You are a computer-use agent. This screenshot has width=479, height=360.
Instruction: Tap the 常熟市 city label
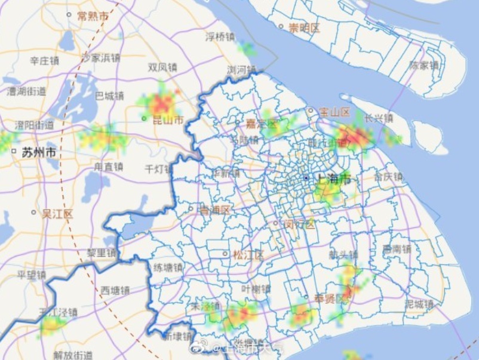pyautogui.click(x=93, y=16)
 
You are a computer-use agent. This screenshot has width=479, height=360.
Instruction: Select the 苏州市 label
pyautogui.click(x=39, y=152)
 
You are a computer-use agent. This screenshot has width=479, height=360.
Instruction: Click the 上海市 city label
pyautogui.click(x=331, y=179)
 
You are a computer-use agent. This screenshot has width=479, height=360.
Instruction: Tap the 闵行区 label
pyautogui.click(x=299, y=224)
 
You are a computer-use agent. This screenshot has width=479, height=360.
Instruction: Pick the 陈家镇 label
pyautogui.click(x=425, y=66)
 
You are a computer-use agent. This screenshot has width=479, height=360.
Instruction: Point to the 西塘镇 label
pyautogui.click(x=115, y=291)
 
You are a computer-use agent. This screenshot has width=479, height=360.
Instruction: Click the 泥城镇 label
pyautogui.click(x=419, y=304)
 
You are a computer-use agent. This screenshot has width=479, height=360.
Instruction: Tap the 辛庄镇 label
pyautogui.click(x=45, y=61)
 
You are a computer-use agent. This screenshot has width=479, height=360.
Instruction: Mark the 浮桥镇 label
pyautogui.click(x=220, y=37)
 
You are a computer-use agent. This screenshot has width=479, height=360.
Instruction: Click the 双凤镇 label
pyautogui.click(x=162, y=67)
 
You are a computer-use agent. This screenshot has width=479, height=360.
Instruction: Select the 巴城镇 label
pyautogui.click(x=110, y=96)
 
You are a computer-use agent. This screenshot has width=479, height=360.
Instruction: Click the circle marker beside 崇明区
pyautogui.click(x=281, y=26)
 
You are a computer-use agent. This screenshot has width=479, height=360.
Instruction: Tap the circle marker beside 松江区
pyautogui.click(x=225, y=254)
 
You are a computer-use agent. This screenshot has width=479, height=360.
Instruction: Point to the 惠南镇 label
pyautogui.click(x=397, y=249)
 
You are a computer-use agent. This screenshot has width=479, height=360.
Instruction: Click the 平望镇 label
pyautogui.click(x=31, y=275)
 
